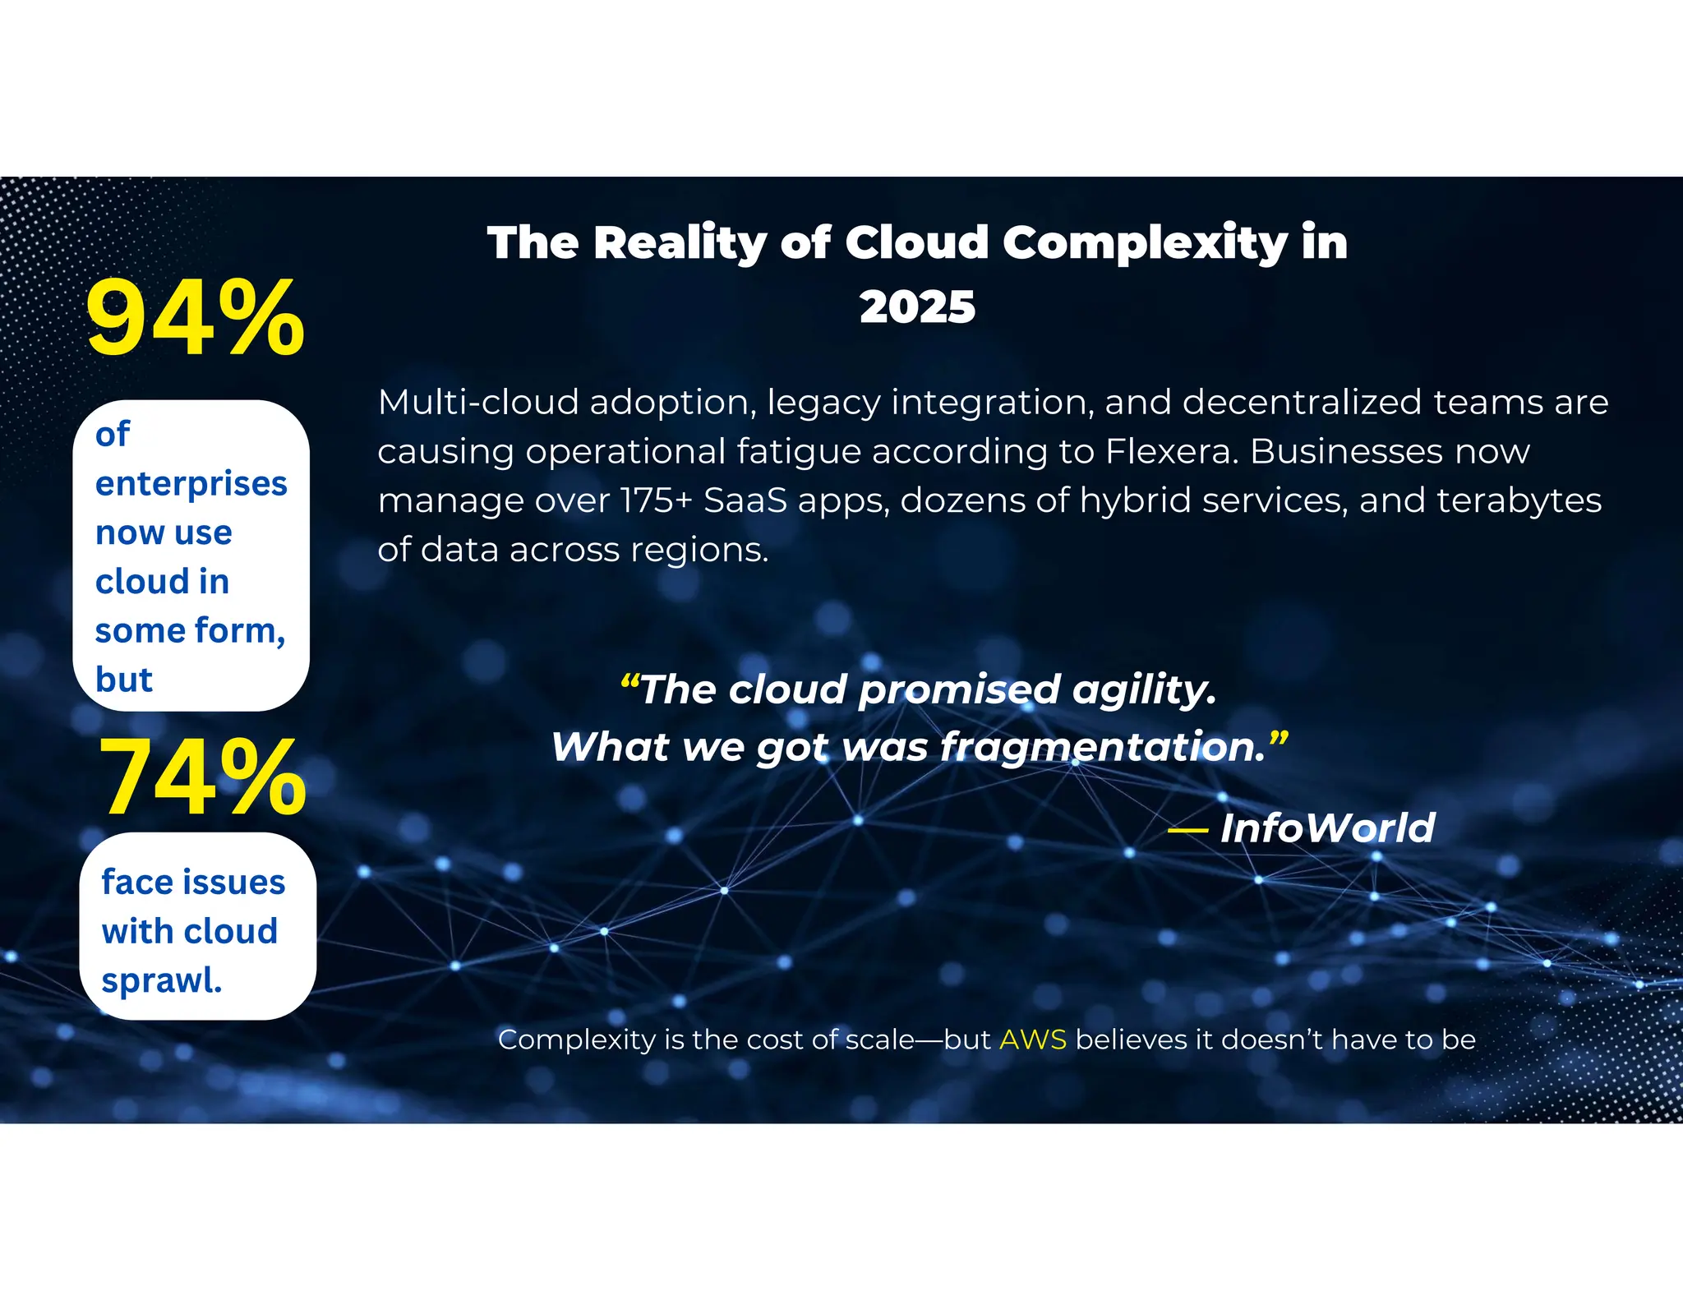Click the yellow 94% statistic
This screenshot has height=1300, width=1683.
[195, 318]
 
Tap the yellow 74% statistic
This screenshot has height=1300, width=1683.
[202, 777]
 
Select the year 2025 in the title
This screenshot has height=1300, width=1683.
[917, 307]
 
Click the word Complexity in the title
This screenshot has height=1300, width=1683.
[1145, 243]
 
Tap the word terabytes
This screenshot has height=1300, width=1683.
[1519, 500]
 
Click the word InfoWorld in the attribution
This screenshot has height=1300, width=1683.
[1327, 827]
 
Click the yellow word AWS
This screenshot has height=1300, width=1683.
[1033, 1040]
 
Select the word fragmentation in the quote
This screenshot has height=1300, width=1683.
[1102, 747]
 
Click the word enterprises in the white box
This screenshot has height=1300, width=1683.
[191, 484]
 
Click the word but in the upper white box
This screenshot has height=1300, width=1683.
[124, 680]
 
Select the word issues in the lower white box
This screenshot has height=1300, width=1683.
[239, 882]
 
